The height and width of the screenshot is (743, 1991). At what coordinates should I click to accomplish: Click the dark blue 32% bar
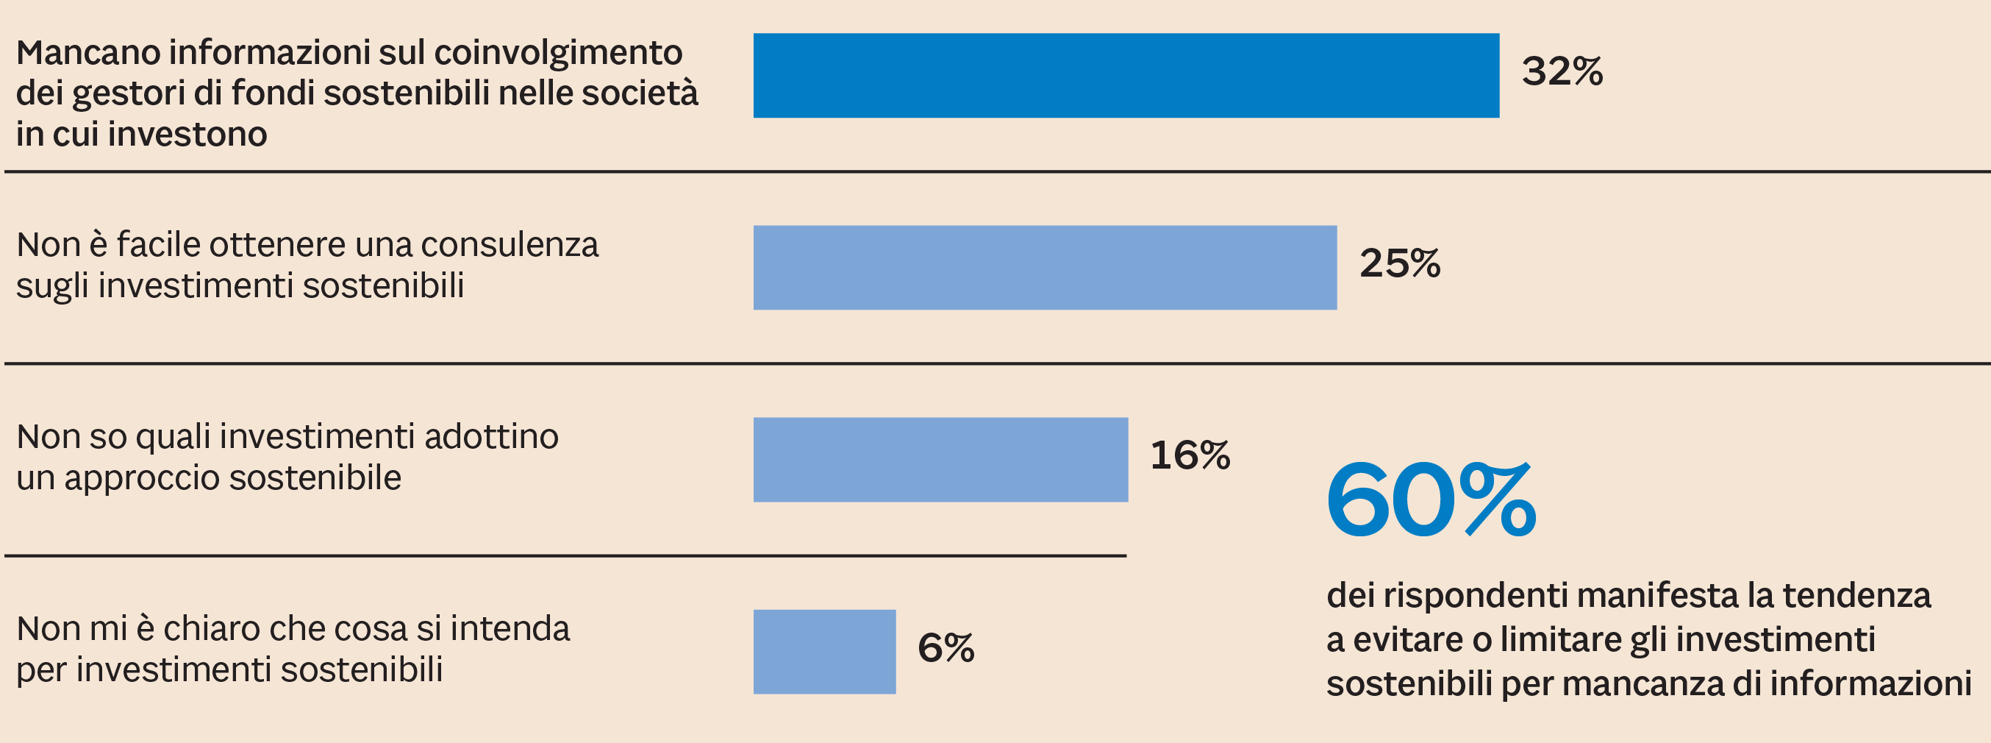(x=1126, y=76)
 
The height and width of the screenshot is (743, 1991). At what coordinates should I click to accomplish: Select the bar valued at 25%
(x=1045, y=268)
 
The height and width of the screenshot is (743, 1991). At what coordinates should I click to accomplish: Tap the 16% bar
(x=940, y=459)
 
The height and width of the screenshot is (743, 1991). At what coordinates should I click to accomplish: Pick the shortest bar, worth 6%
(x=825, y=652)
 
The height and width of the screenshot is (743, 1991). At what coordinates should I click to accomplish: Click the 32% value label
(x=1562, y=71)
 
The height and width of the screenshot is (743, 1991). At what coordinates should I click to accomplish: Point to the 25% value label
(x=1400, y=263)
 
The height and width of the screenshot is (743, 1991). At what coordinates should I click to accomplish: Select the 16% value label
(x=1190, y=455)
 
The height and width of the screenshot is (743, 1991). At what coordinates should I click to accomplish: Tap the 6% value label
(x=946, y=647)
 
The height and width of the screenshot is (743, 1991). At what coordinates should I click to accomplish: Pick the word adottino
(x=491, y=437)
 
